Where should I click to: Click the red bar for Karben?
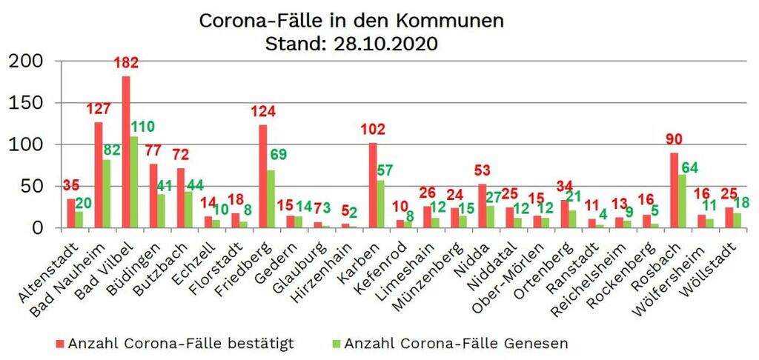(373, 185)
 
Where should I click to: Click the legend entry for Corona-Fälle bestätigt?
(174, 344)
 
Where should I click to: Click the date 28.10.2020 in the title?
(384, 44)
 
